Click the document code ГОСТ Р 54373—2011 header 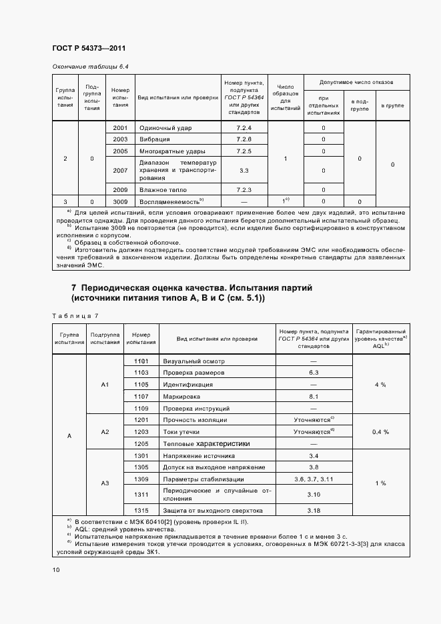(88, 49)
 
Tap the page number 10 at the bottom (56, 569)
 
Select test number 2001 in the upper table (120, 127)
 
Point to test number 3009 (120, 201)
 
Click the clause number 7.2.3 (244, 189)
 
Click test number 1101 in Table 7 (141, 361)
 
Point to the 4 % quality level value (380, 385)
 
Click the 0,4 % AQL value (380, 432)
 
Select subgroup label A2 (105, 432)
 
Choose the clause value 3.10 (314, 494)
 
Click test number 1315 (141, 510)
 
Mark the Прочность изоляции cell (195, 420)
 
